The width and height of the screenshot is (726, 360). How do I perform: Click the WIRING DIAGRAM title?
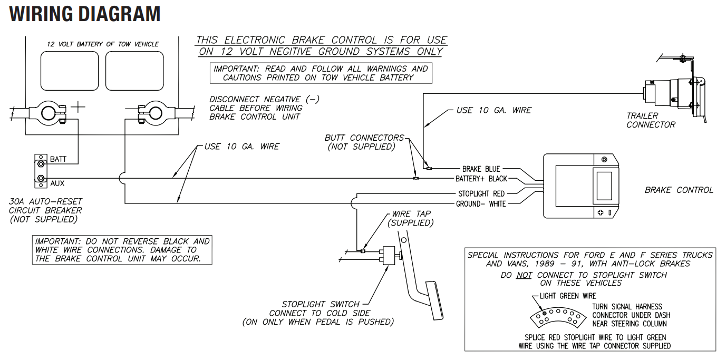(85, 14)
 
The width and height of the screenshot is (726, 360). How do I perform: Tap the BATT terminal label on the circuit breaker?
(59, 159)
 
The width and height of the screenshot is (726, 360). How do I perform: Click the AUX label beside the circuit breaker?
(57, 183)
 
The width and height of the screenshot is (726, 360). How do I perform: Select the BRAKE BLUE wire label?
(481, 169)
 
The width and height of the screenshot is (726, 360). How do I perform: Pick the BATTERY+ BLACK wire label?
(481, 179)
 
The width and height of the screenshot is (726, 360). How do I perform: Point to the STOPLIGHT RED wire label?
(481, 194)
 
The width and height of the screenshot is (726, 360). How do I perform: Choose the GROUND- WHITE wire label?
(481, 204)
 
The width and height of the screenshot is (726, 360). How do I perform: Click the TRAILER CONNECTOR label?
(651, 120)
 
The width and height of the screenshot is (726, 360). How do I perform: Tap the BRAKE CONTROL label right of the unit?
(679, 190)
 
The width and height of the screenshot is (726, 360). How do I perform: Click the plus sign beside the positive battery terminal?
(78, 107)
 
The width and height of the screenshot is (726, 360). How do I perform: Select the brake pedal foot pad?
(434, 301)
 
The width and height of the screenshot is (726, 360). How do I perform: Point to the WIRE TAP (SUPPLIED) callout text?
(411, 218)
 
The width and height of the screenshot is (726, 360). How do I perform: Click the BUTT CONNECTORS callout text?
(364, 142)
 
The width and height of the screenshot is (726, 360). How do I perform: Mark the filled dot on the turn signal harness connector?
(545, 313)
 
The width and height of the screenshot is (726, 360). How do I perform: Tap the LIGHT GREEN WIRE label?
(568, 296)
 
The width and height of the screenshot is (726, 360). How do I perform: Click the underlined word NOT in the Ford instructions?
(524, 276)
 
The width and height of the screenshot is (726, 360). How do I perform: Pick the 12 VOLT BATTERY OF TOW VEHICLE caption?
(103, 44)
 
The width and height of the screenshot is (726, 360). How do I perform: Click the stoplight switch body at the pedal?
(389, 256)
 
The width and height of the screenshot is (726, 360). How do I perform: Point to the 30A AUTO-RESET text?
(45, 201)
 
